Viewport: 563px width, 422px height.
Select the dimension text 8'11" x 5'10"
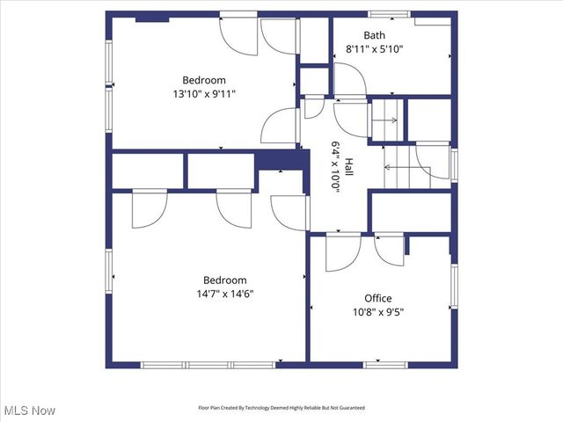(386, 49)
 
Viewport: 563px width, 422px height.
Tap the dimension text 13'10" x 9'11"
(204, 92)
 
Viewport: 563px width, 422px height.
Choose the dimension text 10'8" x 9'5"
(378, 311)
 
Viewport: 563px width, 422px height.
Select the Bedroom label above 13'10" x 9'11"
(204, 79)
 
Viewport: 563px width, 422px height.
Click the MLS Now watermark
(30, 411)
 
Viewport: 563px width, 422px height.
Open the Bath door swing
(350, 84)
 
